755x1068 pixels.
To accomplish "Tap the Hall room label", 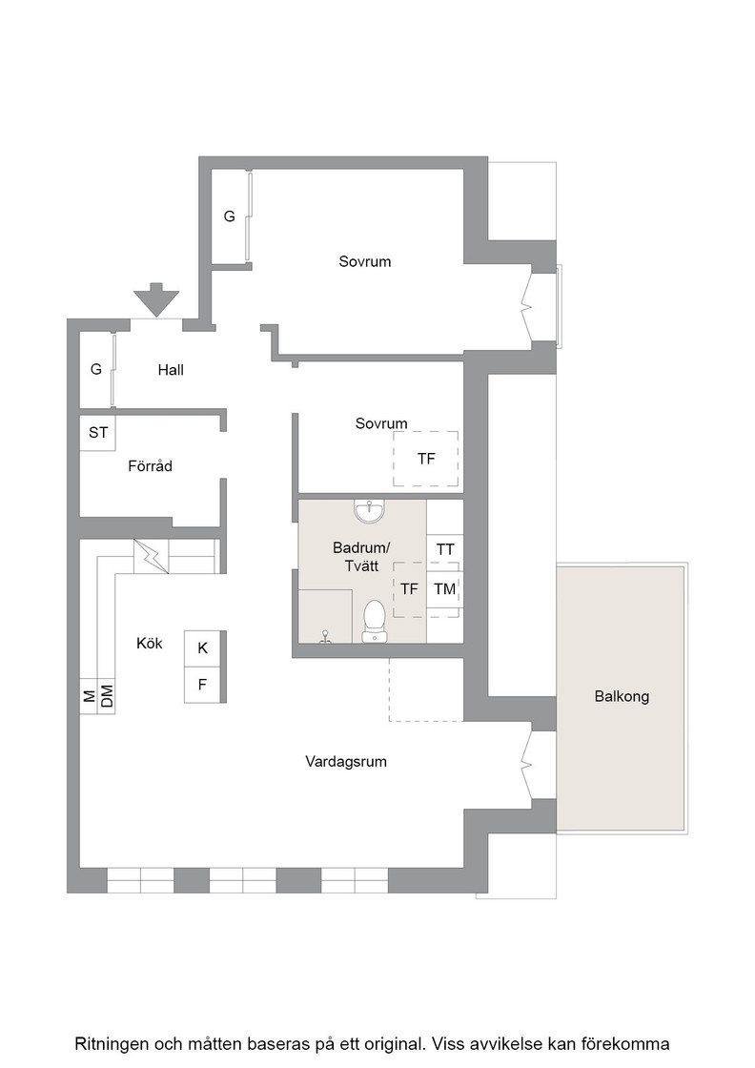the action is coord(171,370).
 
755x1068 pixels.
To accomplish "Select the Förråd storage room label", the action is coord(150,466).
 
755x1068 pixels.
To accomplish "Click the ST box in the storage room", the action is coord(98,433).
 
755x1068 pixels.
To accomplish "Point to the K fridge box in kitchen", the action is coord(202,648).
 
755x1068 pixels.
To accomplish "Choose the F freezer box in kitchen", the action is coord(202,685).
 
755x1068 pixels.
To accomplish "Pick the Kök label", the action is coord(149,643).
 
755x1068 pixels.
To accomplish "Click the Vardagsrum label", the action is coord(346,762).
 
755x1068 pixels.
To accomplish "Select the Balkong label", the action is coord(622,696).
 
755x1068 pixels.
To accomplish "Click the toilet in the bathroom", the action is coord(375,621).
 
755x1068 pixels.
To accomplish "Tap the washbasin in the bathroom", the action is coord(369,512).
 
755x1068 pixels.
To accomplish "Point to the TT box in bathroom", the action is coord(445,549).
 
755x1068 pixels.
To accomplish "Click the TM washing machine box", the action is coord(445,589).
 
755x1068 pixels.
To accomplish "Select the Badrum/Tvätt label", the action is coord(361,557).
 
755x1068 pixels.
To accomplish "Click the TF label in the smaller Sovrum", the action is coord(426,459).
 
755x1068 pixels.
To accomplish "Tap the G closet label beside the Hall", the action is coord(96,369).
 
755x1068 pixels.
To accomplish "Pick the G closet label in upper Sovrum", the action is coord(230,216).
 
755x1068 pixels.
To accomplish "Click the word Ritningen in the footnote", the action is coord(111,1043).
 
